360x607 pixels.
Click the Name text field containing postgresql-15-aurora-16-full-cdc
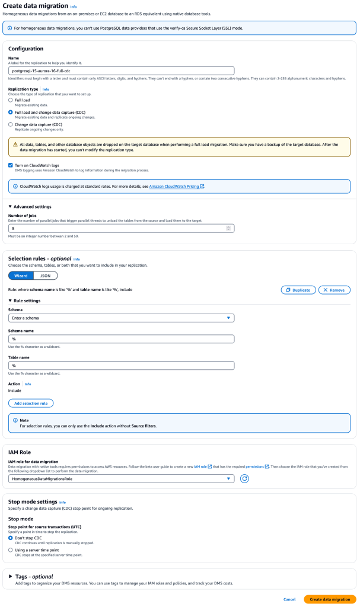point(121,71)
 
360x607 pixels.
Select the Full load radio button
point(11,100)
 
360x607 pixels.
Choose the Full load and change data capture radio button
point(11,112)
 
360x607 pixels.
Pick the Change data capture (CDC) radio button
point(11,124)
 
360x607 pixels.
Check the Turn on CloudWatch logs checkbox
point(11,165)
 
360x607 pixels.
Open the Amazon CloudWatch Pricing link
point(177,186)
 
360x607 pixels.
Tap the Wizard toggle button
point(20,276)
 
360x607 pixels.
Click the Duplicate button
point(298,290)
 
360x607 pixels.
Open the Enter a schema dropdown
point(121,318)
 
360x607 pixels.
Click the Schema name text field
point(121,339)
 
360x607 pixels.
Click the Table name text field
point(121,366)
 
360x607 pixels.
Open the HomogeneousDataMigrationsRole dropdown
point(121,478)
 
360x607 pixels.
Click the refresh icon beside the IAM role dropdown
point(244,478)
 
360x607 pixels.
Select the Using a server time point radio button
point(11,550)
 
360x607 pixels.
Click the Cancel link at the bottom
point(289,599)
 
